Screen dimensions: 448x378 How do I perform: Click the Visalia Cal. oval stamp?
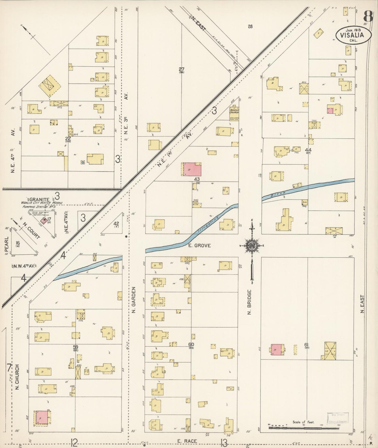coord(354,35)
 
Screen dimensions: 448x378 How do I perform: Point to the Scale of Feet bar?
coord(304,428)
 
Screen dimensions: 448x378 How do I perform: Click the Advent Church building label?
coord(234,111)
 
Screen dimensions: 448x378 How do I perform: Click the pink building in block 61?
coord(276,350)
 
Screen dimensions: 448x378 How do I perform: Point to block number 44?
coord(308,150)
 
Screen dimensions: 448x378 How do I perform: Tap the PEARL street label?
coord(7,245)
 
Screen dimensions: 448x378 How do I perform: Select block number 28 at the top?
coord(250,26)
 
